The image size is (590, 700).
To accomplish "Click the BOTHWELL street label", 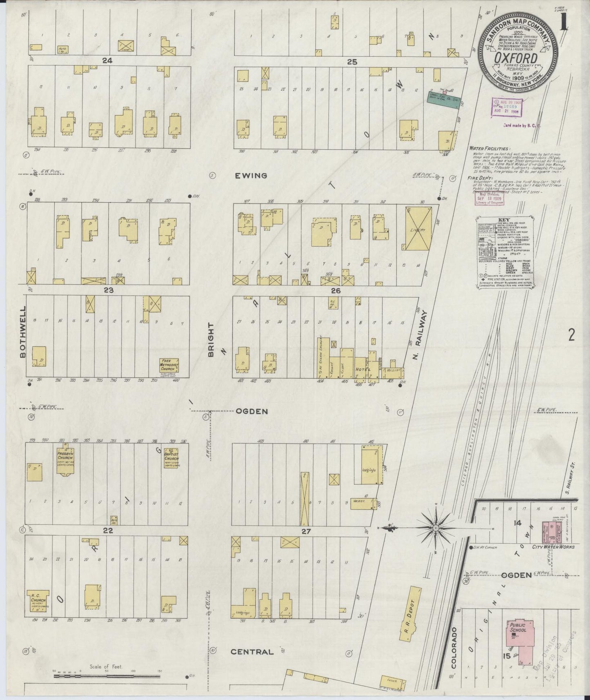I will tap(23, 332).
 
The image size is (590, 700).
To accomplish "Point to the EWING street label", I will tap(250, 176).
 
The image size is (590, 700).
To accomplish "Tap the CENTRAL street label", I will tap(252, 652).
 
